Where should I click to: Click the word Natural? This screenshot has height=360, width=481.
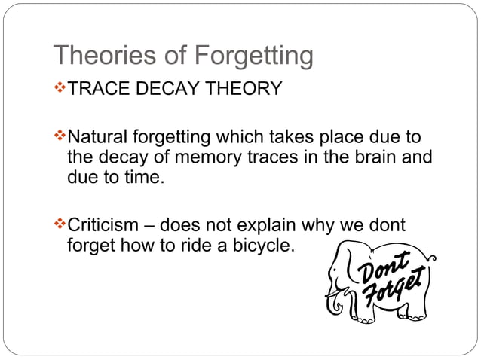(98, 138)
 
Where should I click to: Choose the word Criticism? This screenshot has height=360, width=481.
(103, 225)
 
